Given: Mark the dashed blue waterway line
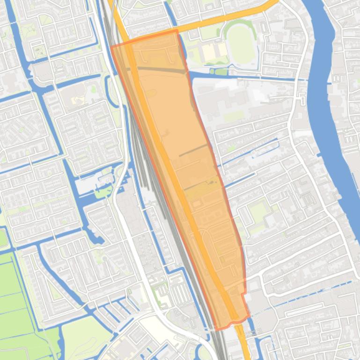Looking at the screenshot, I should click(x=309, y=295).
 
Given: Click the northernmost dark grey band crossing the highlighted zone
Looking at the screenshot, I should click(x=159, y=69).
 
